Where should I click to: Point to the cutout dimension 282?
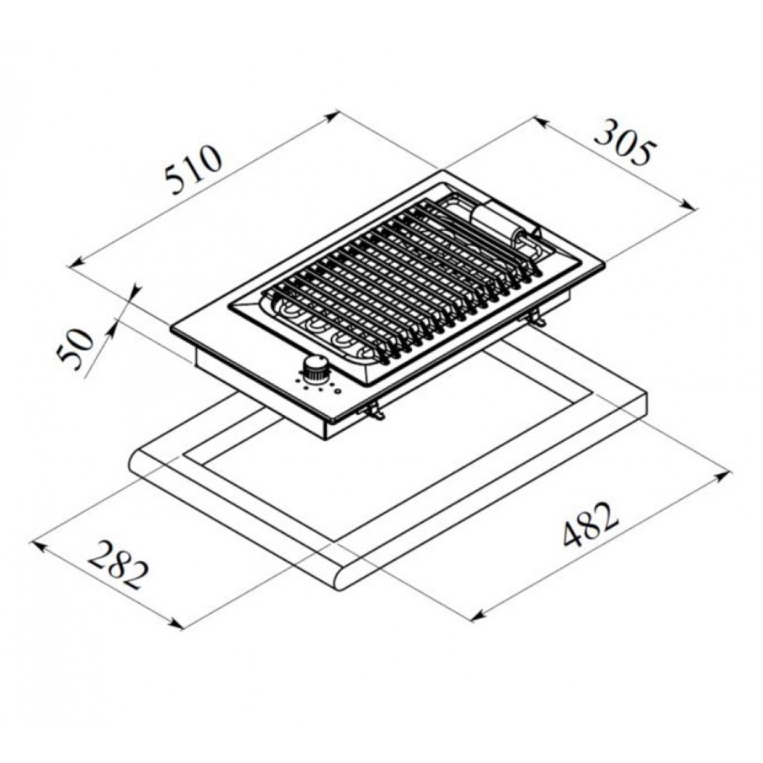click(120, 566)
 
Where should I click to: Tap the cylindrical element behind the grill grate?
click(495, 223)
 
